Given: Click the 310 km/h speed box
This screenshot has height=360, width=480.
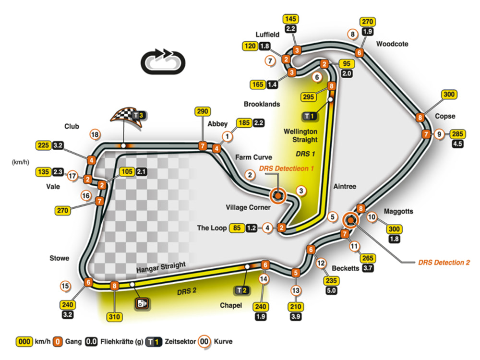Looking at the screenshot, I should [115, 317].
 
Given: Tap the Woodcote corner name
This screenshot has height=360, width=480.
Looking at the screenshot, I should [392, 44].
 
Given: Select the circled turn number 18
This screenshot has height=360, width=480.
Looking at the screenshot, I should [96, 134].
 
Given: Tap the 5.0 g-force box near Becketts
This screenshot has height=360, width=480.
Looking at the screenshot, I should [331, 290].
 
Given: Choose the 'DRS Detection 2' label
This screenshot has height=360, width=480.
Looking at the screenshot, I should [444, 262].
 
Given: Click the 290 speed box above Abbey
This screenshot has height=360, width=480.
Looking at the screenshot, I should [203, 111].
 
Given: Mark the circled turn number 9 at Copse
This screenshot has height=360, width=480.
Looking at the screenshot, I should [439, 134].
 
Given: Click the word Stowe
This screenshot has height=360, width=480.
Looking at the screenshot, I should [59, 258].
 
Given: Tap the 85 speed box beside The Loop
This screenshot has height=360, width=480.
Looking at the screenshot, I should [236, 228].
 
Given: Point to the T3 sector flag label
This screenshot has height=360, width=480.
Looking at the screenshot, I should [139, 115].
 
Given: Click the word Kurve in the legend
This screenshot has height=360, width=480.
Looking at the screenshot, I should [224, 342].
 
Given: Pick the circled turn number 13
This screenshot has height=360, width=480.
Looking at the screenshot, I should [296, 290].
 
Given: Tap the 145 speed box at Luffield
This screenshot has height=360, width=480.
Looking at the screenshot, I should [291, 19].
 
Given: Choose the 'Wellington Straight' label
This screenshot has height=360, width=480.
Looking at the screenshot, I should [300, 135].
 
